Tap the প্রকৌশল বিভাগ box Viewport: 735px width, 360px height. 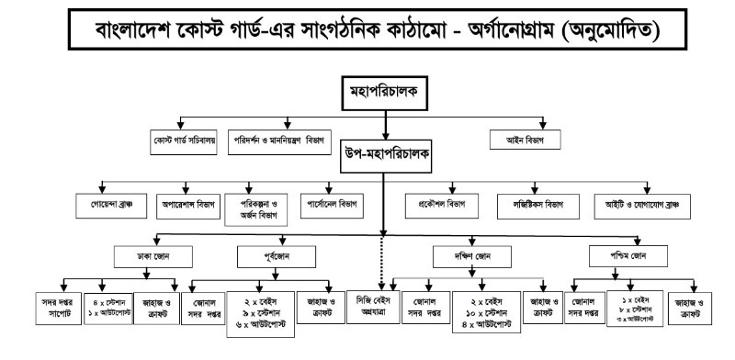pyautogui.click(x=435, y=203)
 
